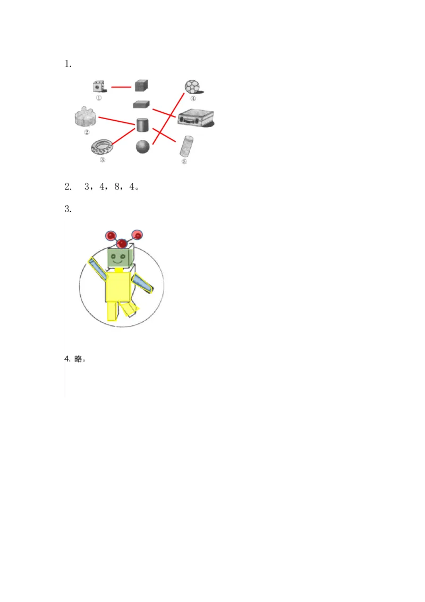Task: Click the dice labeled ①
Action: (x=99, y=87)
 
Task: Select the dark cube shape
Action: (x=141, y=85)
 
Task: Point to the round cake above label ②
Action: (x=85, y=117)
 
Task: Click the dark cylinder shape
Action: (x=142, y=125)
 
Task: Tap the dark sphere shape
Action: (x=143, y=147)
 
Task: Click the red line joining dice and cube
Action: (x=121, y=86)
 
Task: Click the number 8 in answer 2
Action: (x=116, y=187)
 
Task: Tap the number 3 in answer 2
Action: (x=87, y=187)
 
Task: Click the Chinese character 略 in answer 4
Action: (x=78, y=359)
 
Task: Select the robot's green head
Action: (x=119, y=259)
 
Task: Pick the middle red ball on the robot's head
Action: (x=122, y=244)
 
